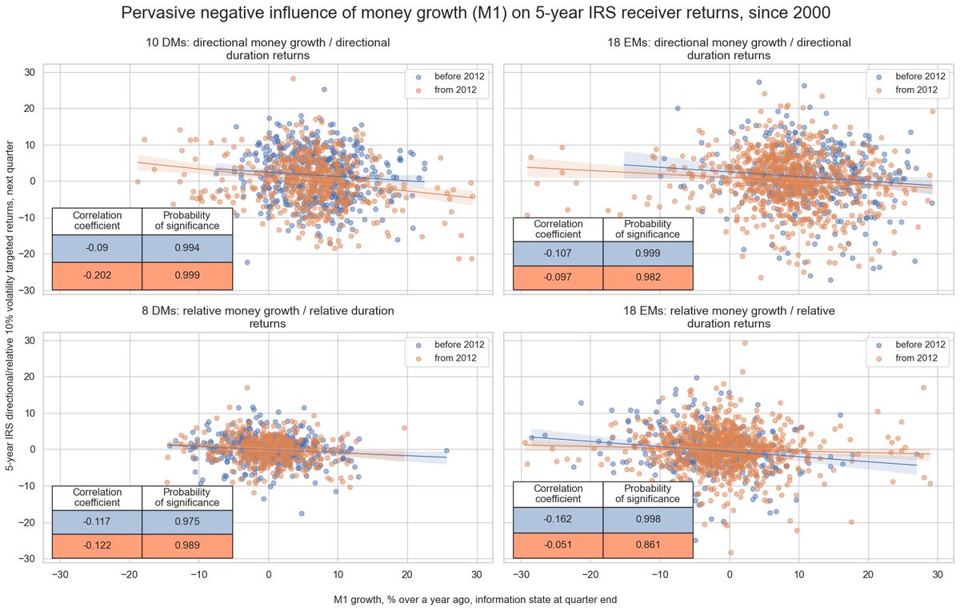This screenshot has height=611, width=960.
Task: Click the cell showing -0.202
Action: point(97,275)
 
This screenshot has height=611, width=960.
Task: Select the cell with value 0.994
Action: point(187,248)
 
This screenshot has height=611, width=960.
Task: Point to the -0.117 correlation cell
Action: point(97,521)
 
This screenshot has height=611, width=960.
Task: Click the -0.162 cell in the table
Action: point(558,521)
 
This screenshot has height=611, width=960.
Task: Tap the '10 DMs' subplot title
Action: point(268,49)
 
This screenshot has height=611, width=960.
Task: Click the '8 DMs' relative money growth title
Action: point(268,317)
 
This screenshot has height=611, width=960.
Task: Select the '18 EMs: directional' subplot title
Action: point(728,49)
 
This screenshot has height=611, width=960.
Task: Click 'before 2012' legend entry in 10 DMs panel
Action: point(459,76)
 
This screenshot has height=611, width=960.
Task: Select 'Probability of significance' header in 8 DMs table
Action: point(187,497)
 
